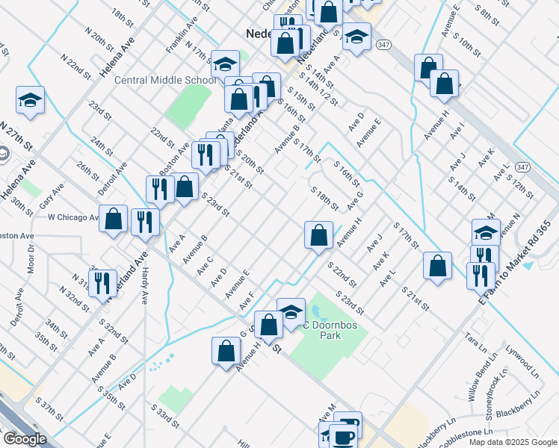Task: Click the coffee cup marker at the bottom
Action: tap(344, 436)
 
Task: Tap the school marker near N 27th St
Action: tap(30, 100)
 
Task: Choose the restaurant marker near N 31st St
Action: tap(103, 283)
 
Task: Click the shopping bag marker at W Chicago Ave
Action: tap(114, 220)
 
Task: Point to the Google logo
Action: tap(25, 439)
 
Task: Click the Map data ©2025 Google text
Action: tap(513, 442)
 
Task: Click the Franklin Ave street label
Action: tap(182, 34)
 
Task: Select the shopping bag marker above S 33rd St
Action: tap(226, 351)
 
